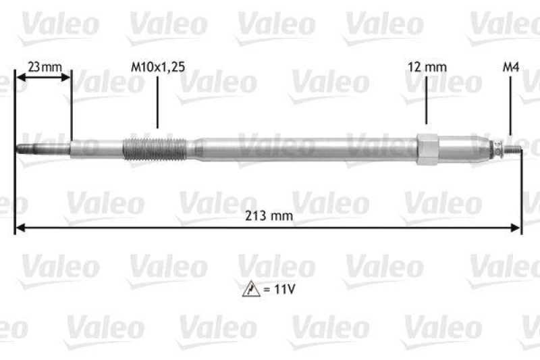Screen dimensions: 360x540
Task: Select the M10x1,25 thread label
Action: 157,67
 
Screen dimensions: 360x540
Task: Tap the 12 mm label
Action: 427,67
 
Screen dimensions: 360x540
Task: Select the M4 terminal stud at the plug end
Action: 514,150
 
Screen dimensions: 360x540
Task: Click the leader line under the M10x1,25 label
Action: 157,101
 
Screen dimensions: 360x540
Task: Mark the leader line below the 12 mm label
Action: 427,101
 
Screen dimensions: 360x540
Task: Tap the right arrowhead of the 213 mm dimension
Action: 517,228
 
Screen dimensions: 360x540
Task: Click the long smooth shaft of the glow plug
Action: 304,149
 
